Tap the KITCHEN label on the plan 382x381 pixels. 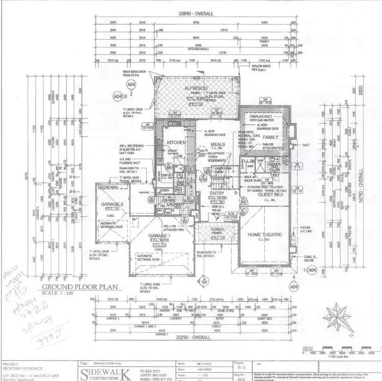(x=176, y=143)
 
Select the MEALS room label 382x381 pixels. (x=218, y=145)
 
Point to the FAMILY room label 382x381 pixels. (x=270, y=138)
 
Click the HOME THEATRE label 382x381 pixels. (x=262, y=234)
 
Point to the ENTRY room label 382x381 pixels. (x=217, y=193)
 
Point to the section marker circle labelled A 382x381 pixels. (x=204, y=280)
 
